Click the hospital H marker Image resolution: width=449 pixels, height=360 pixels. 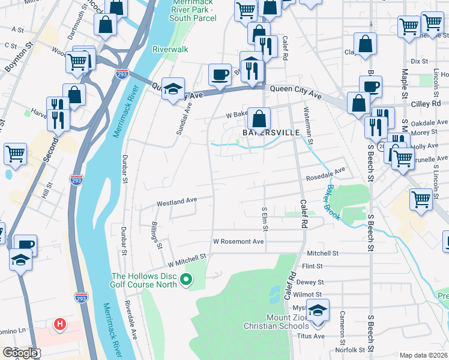tap(59, 325)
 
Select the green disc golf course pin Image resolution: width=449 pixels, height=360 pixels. tap(186, 278)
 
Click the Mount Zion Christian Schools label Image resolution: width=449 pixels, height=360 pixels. tap(276, 322)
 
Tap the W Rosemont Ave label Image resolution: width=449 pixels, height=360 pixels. tap(238, 241)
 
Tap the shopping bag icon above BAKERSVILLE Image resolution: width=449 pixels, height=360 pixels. tap(259, 118)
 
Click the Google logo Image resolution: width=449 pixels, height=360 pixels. tap(20, 353)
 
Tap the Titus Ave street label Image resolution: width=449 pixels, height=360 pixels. tap(312, 336)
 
